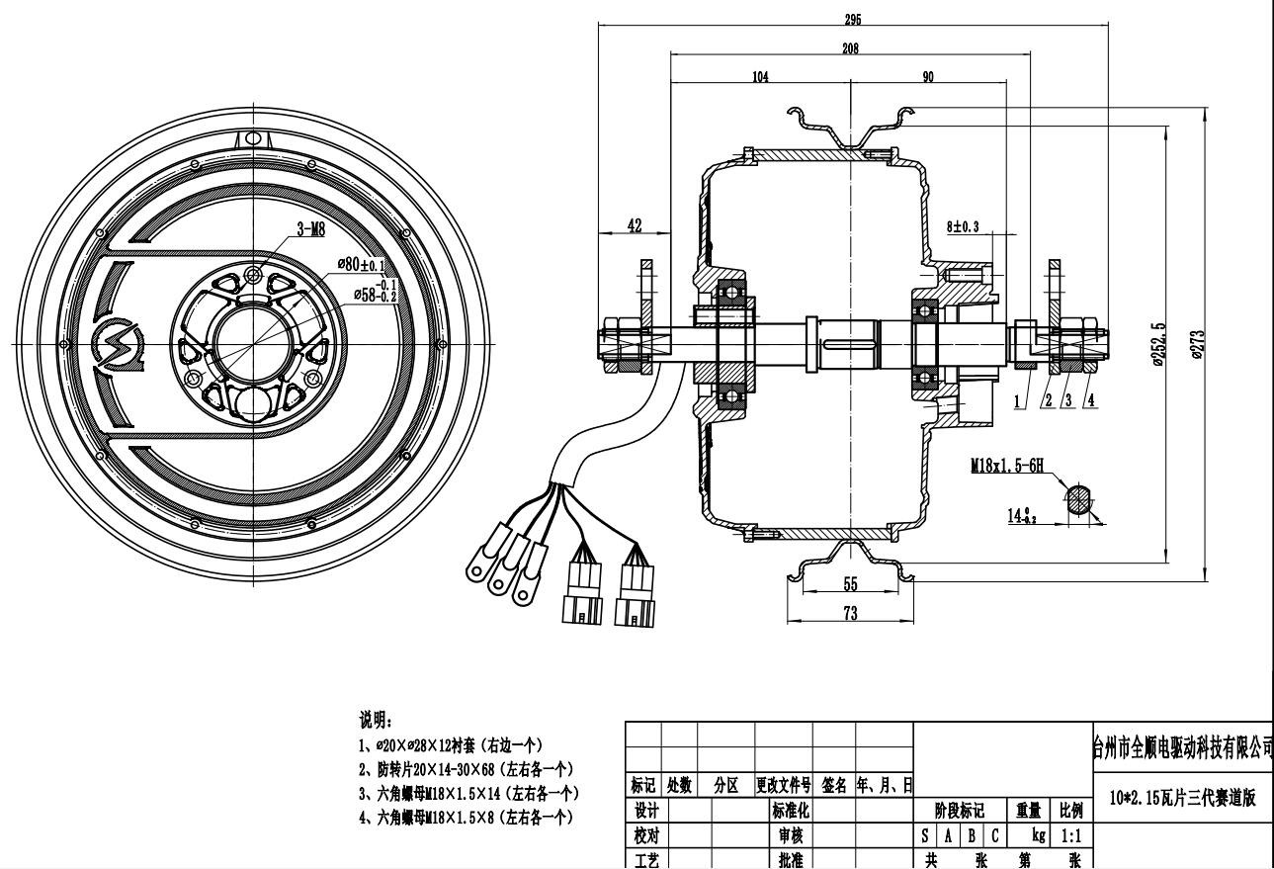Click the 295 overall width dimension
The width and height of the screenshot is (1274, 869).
(852, 19)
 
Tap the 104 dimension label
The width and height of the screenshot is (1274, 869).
(759, 77)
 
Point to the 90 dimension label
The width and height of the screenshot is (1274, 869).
(928, 77)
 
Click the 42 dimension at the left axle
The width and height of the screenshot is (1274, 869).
(635, 225)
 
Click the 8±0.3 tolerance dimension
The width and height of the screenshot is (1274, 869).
(962, 226)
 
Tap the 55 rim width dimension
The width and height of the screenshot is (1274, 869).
(850, 584)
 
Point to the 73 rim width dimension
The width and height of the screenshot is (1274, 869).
(850, 613)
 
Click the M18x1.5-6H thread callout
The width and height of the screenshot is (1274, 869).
(1006, 465)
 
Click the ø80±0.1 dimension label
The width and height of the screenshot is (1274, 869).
(362, 264)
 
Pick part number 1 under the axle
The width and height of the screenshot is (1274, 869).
(1016, 400)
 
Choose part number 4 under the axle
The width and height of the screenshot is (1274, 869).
(1090, 400)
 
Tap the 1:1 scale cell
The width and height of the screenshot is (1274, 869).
(1069, 835)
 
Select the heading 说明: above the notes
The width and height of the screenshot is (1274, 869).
(376, 721)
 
